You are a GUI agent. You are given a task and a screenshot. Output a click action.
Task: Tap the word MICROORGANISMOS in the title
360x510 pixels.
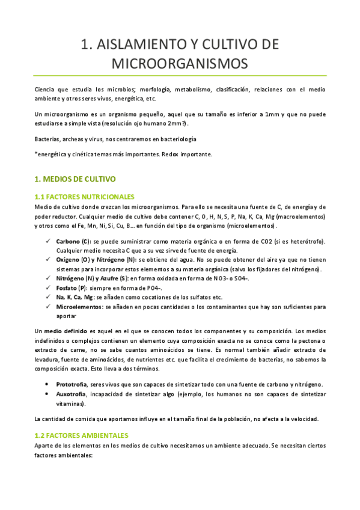(x=180, y=63)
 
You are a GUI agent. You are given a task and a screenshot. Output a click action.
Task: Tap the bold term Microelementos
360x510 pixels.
(x=79, y=307)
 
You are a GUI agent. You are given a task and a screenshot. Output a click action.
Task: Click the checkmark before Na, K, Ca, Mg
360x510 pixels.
(x=48, y=298)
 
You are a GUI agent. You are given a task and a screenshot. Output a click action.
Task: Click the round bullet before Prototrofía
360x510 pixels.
(x=48, y=384)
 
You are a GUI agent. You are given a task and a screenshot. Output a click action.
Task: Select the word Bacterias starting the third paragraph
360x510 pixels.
(x=48, y=139)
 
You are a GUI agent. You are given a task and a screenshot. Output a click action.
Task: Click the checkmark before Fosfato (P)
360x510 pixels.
(x=48, y=288)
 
